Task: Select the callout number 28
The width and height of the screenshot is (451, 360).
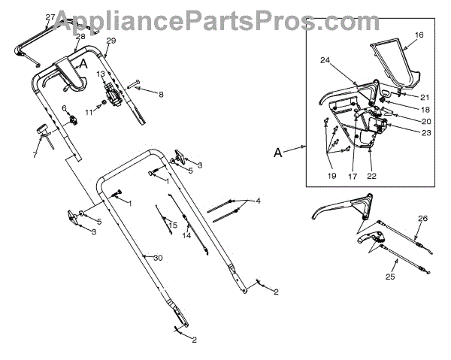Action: click(x=80, y=36)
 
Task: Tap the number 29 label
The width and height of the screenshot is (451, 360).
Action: click(x=111, y=40)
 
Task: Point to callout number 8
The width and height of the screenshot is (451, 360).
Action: click(x=160, y=94)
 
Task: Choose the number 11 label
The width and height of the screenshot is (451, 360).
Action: click(x=88, y=112)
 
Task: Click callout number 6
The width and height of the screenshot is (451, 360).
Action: click(x=65, y=108)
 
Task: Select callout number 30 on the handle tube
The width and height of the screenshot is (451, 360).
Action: click(x=158, y=258)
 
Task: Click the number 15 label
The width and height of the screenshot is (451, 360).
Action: click(x=173, y=225)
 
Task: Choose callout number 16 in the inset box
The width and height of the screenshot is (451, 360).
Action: click(x=419, y=35)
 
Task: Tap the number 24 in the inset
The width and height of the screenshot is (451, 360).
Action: click(x=325, y=61)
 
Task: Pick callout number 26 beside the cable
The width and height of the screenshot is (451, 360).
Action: click(x=422, y=219)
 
